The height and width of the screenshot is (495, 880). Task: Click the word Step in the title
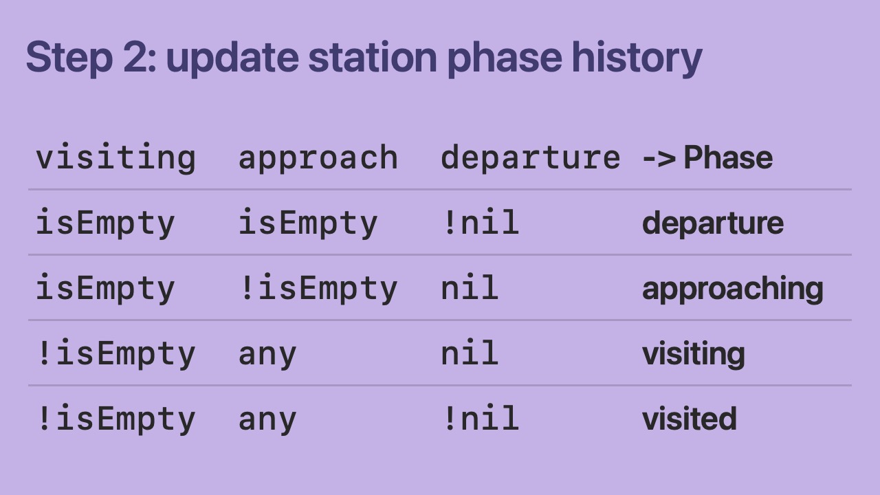click(x=69, y=58)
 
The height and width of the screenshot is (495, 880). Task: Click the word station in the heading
click(x=373, y=57)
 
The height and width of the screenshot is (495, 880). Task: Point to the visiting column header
click(x=115, y=158)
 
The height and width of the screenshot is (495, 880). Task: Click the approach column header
click(x=318, y=158)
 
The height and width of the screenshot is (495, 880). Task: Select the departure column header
click(x=530, y=158)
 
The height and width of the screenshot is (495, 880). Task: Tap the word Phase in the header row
click(x=728, y=157)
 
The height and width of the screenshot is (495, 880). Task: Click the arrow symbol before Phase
click(x=659, y=158)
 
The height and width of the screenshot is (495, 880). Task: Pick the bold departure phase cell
click(x=713, y=223)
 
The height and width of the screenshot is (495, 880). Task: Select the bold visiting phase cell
click(x=694, y=354)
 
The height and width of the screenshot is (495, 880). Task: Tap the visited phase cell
click(x=690, y=419)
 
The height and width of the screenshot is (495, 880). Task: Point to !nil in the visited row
click(x=480, y=418)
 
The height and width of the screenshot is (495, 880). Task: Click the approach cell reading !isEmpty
click(x=318, y=288)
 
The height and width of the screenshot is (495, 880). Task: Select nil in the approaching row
click(x=470, y=287)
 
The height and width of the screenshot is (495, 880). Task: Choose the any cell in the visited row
click(x=267, y=420)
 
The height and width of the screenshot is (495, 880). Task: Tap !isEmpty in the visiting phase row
click(x=115, y=353)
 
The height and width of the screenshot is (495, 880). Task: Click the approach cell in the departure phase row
click(x=308, y=223)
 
